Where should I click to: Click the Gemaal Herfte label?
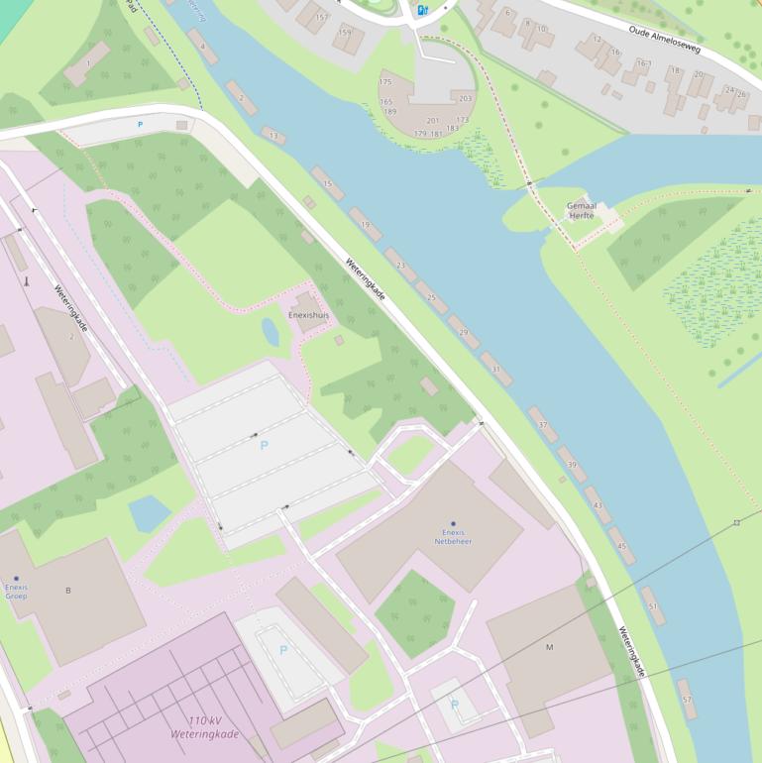582,210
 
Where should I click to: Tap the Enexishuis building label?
308,315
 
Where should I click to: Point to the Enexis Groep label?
16,591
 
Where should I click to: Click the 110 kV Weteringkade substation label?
205,727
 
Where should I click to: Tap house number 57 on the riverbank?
687,700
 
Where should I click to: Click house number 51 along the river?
652,605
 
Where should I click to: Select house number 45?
621,546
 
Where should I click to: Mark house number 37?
542,424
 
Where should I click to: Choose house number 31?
496,369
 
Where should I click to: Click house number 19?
366,224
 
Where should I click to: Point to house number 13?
273,135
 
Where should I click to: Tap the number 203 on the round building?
465,98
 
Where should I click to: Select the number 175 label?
385,82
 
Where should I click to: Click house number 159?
344,32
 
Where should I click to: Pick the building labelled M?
549,647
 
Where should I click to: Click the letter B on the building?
68,591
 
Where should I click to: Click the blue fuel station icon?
422,10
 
